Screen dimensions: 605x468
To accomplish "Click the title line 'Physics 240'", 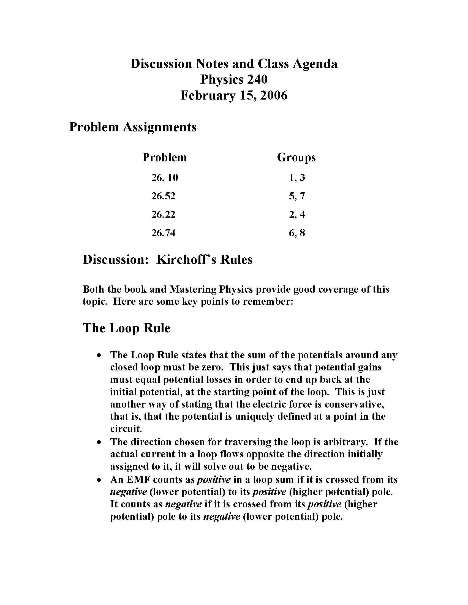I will pos(234,79).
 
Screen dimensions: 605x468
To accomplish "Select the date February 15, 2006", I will pos(234,95).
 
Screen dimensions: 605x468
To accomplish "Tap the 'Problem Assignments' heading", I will pos(132,127).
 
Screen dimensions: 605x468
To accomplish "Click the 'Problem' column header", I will pos(164,157).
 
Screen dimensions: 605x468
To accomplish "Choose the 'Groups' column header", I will pos(296,157).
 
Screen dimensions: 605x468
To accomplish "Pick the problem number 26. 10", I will pos(164,177).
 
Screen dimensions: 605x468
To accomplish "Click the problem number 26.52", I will pos(163,196).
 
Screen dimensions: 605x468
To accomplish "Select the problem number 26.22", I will pos(163,215).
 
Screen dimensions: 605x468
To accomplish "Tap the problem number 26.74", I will pos(163,233).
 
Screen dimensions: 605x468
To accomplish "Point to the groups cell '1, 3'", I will pos(297,177).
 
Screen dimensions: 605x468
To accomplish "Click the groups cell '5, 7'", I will pos(297,196).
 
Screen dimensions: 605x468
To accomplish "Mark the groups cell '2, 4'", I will pos(297,215).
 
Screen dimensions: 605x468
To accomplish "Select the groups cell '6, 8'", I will pos(297,233).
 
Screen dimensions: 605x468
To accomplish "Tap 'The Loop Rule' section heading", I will pos(126,328).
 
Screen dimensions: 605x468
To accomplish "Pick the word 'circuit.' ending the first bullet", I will pos(126,429).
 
